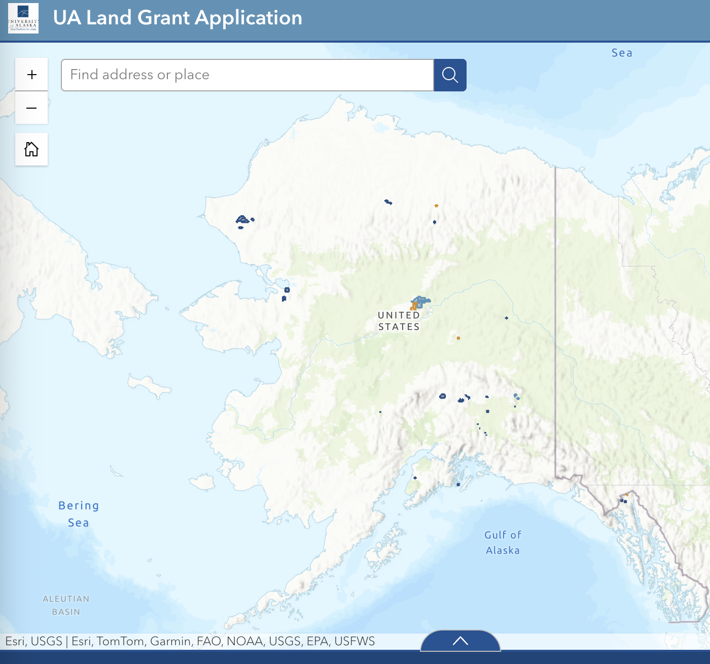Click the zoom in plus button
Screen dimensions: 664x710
click(x=31, y=75)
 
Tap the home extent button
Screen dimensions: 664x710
click(x=31, y=149)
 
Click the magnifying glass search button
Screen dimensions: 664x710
click(x=450, y=75)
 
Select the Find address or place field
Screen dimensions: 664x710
click(x=247, y=75)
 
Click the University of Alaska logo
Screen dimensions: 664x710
click(x=23, y=18)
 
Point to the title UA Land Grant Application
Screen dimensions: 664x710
click(x=177, y=18)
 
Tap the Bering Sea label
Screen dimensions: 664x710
click(x=79, y=514)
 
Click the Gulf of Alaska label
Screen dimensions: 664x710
click(x=503, y=542)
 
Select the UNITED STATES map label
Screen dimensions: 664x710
click(x=399, y=321)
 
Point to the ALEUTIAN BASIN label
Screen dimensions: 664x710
click(x=66, y=605)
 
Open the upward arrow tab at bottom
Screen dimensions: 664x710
click(x=460, y=641)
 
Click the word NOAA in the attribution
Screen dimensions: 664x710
click(x=245, y=641)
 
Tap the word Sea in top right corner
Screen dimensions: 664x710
click(x=622, y=53)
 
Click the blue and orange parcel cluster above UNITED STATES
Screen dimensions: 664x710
click(x=419, y=303)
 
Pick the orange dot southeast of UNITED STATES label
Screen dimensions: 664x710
click(x=458, y=338)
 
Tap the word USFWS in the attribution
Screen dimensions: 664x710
click(x=354, y=641)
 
